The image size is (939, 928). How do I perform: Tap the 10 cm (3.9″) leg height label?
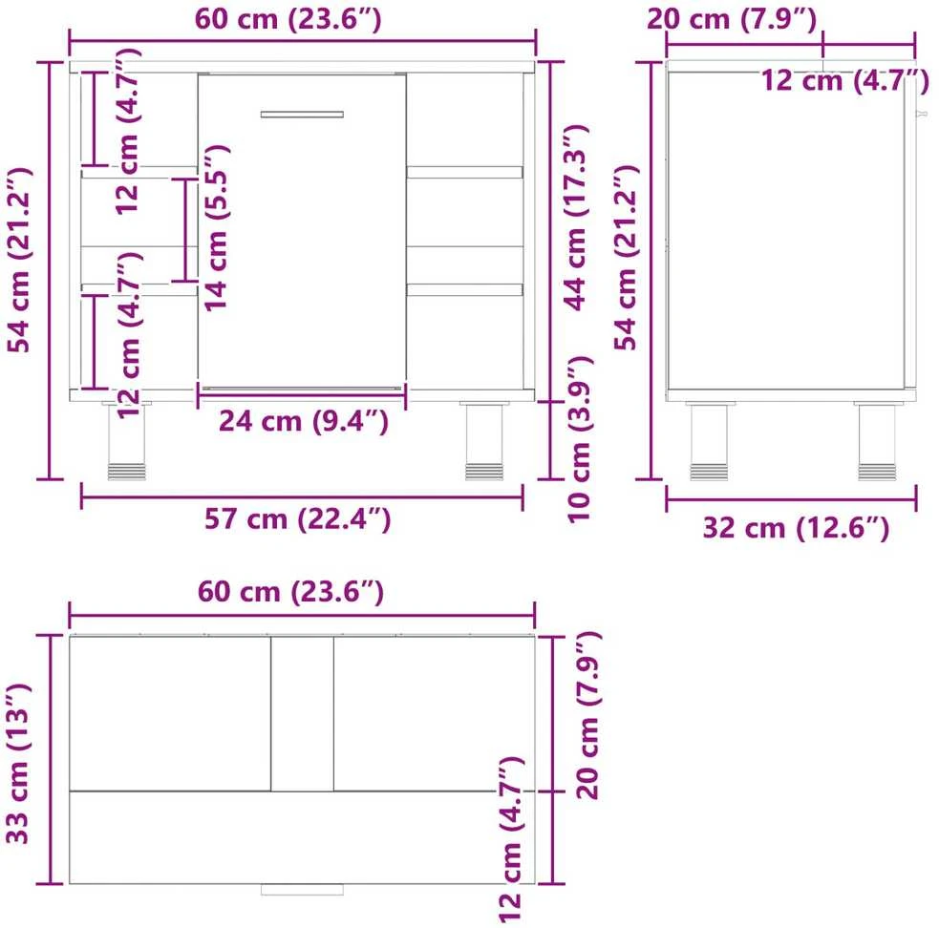tap(580, 439)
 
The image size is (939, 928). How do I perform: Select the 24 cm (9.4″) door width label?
tap(303, 421)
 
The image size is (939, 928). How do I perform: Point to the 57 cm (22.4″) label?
tap(298, 518)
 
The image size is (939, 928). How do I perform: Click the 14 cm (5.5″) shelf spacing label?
tap(216, 228)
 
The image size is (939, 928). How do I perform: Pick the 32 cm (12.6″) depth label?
tap(796, 528)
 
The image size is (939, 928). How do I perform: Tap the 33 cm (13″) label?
tap(17, 764)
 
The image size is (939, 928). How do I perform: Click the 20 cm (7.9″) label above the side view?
tap(732, 19)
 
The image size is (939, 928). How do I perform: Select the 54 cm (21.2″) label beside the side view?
tap(627, 258)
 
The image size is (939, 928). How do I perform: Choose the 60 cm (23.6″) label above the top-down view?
tap(290, 592)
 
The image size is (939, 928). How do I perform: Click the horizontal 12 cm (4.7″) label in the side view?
tap(845, 80)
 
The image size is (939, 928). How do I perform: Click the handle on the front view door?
tap(302, 115)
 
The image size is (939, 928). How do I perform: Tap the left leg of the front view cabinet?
tap(126, 441)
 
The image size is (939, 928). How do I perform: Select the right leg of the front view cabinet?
tap(484, 441)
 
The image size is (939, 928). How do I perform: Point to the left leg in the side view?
tap(710, 441)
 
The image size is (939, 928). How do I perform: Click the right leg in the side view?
tap(877, 441)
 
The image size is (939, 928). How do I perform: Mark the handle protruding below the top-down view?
tap(303, 890)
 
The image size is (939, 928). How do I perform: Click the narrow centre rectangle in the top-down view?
tap(303, 713)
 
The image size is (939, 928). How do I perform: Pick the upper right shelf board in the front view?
tap(464, 173)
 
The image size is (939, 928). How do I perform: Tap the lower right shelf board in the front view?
tap(464, 290)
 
